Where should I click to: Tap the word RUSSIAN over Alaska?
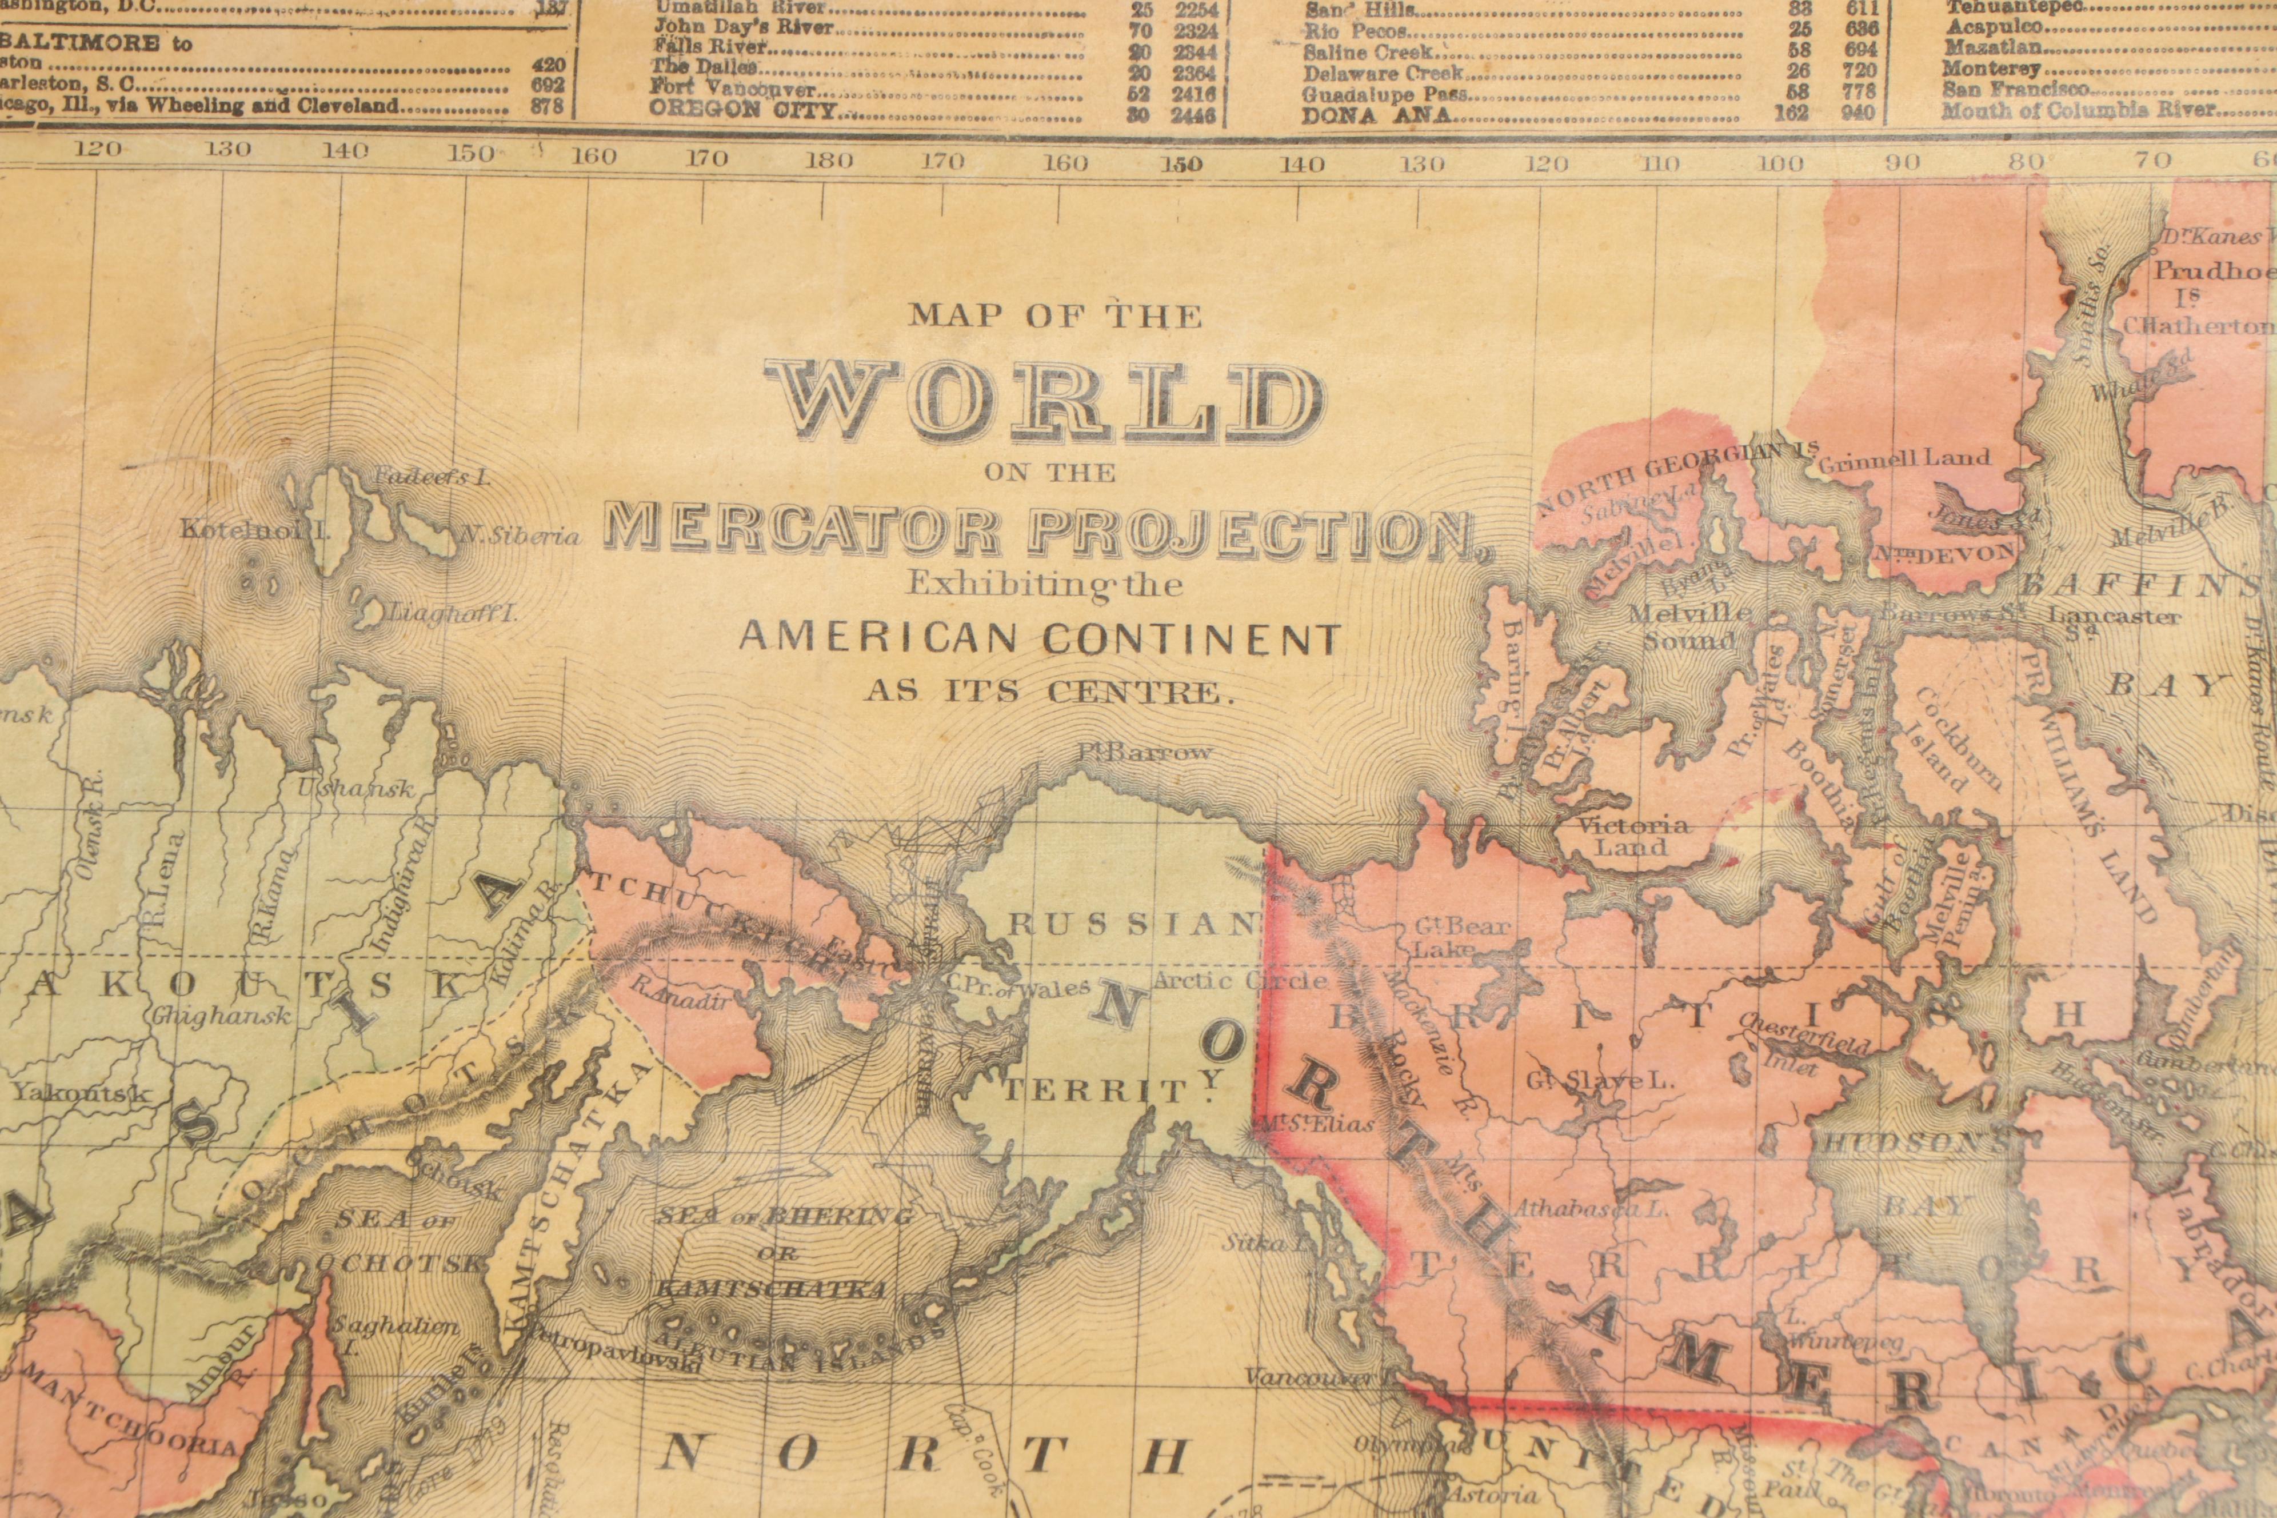pos(1133,925)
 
